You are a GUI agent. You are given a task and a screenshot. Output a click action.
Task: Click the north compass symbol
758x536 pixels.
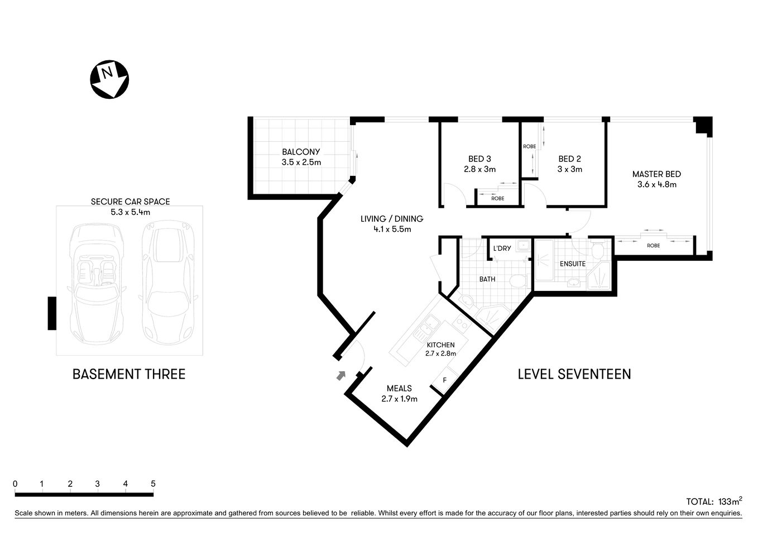[109, 79]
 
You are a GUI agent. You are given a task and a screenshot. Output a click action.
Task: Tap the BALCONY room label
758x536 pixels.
[301, 152]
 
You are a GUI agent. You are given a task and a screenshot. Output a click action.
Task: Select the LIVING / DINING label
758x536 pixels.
[391, 219]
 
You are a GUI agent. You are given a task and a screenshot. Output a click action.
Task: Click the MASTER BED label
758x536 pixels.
[656, 174]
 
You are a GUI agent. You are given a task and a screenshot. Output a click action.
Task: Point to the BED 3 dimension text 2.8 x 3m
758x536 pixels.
[479, 169]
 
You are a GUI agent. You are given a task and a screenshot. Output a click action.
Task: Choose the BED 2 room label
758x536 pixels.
[570, 159]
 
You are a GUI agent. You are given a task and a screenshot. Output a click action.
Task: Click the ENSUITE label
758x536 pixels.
[572, 264]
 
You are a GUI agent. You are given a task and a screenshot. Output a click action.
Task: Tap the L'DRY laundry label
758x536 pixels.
[502, 248]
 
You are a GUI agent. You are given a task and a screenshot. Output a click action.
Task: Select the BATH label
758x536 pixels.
[487, 279]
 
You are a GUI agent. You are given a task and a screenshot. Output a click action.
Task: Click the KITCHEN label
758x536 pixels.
[440, 345]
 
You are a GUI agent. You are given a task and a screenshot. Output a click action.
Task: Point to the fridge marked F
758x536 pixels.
[444, 380]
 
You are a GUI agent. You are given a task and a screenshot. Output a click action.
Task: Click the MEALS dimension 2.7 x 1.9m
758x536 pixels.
[399, 399]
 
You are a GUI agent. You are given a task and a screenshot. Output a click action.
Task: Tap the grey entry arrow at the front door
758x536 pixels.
[340, 376]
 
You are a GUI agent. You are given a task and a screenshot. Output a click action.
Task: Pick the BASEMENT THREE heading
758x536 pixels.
[129, 374]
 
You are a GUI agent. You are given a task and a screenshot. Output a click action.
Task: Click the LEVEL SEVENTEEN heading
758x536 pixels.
[574, 374]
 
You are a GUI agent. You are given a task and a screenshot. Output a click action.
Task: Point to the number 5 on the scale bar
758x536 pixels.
[153, 484]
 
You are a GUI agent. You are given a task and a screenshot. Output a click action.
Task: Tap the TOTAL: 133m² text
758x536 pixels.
[713, 501]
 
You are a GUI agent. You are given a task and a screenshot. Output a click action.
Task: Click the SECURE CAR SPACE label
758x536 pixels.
[130, 202]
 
